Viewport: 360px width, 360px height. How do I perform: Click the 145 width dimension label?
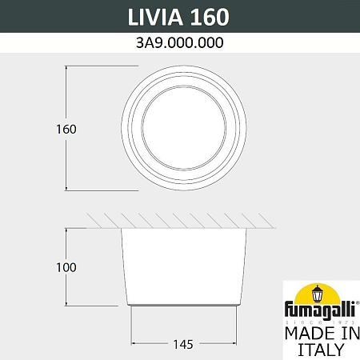click(x=182, y=345)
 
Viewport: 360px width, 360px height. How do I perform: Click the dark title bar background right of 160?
click(x=296, y=16)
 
